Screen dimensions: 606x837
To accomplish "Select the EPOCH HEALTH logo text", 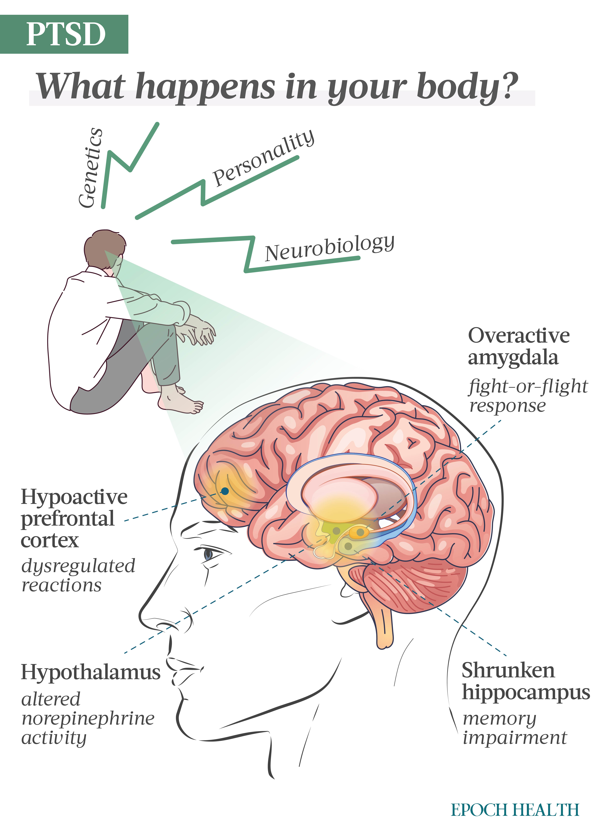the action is click(515, 810).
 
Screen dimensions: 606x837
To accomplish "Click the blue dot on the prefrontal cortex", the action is click(225, 491).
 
